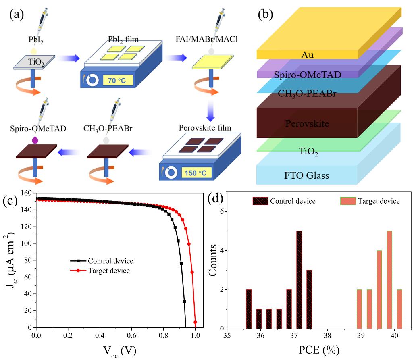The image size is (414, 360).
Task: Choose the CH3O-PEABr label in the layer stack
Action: point(308,94)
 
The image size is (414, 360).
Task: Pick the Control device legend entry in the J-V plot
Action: point(106,261)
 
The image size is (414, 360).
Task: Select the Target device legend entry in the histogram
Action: point(370,201)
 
